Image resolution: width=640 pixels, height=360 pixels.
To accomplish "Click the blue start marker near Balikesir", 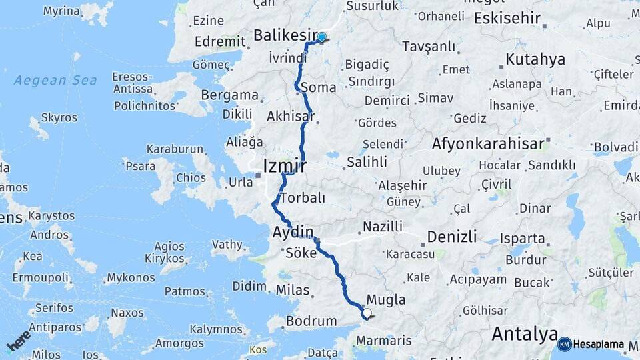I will (x=322, y=38).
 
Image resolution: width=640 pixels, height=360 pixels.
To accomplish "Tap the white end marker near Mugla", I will (x=367, y=313).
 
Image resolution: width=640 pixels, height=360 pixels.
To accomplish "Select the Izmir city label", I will (x=285, y=165).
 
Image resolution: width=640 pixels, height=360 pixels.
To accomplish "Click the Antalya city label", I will (x=524, y=333).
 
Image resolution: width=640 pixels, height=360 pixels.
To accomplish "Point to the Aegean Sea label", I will (x=55, y=81).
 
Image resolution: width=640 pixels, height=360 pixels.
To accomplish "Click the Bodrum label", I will (x=311, y=321).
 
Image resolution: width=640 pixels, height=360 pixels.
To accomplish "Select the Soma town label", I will (x=318, y=87).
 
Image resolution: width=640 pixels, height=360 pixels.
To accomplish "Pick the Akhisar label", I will (x=290, y=116).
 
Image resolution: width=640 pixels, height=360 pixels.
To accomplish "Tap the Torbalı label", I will (x=303, y=198).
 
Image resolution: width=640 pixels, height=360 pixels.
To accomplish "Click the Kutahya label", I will (x=535, y=59).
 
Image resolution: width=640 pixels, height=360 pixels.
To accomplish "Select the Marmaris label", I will (x=383, y=341).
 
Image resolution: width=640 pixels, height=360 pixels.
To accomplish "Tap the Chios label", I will (x=191, y=178).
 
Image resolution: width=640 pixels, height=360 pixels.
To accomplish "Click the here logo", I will (x=18, y=340).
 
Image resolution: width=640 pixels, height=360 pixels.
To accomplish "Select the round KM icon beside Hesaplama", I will (x=564, y=344).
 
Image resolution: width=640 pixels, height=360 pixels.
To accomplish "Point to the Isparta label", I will (x=523, y=238).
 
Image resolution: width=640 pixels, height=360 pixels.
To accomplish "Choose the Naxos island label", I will (x=127, y=313).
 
